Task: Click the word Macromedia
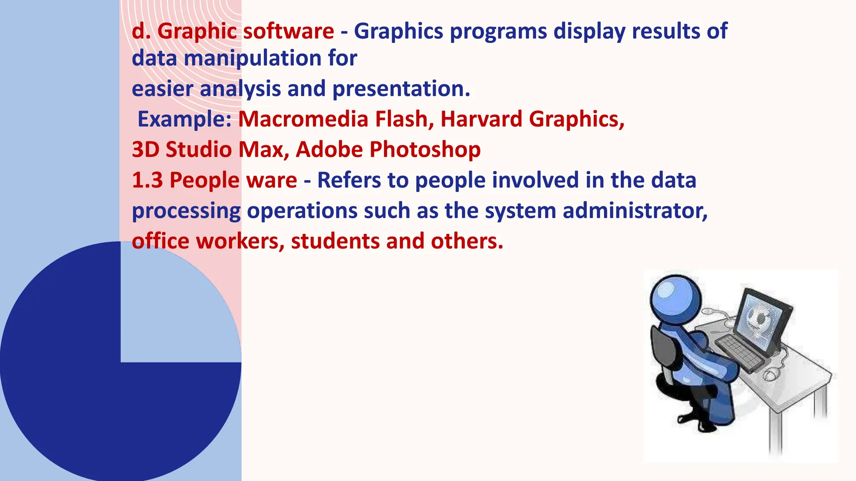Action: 303,119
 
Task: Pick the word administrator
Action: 634,211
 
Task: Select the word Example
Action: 184,120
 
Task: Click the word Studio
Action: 198,149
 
